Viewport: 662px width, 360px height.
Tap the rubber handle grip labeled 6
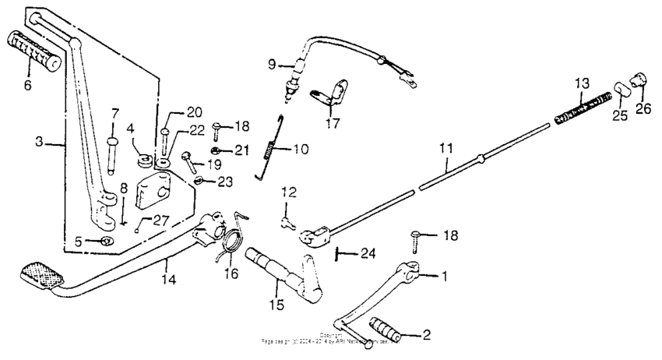pos(34,52)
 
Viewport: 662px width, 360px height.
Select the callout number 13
pos(583,83)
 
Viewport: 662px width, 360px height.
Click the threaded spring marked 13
pos(582,107)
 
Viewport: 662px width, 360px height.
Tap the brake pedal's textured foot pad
pos(40,274)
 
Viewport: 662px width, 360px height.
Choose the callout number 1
pos(444,275)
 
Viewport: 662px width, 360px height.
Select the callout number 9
pos(273,64)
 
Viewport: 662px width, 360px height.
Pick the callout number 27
pos(160,221)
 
